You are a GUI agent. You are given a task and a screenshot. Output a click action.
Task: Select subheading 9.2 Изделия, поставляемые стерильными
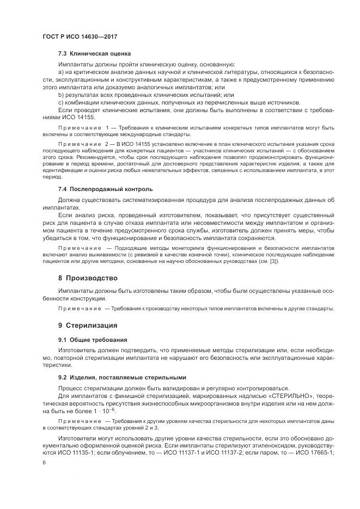pos(122,377)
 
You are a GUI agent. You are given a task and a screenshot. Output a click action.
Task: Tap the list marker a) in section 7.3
pos(61,72)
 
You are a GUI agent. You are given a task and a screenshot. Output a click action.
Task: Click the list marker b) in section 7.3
pos(61,95)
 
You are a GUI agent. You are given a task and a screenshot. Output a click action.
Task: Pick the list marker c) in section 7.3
pos(61,102)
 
